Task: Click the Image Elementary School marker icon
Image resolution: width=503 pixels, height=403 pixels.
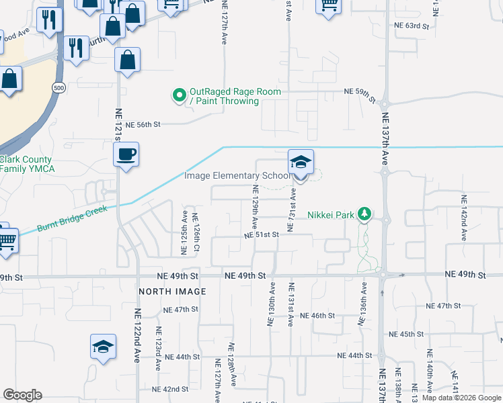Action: click(301, 163)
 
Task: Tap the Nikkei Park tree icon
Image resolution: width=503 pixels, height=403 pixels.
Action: click(364, 214)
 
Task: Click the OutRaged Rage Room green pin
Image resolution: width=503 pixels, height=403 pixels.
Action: click(179, 96)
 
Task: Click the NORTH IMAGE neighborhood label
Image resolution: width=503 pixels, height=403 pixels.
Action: click(172, 292)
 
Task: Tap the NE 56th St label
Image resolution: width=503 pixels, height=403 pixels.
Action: click(145, 124)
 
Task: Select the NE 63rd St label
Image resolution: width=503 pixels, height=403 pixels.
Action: click(412, 26)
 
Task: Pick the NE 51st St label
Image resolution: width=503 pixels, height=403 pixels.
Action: click(262, 235)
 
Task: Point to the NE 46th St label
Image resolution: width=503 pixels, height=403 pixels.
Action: click(317, 316)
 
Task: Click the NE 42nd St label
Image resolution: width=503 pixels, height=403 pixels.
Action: click(170, 390)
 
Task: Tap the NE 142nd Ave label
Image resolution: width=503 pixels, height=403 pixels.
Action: click(463, 218)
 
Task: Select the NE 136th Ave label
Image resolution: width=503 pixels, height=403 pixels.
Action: click(363, 304)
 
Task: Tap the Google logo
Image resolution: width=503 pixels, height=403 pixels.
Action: click(22, 395)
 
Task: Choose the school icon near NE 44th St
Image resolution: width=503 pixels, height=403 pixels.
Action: click(103, 347)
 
